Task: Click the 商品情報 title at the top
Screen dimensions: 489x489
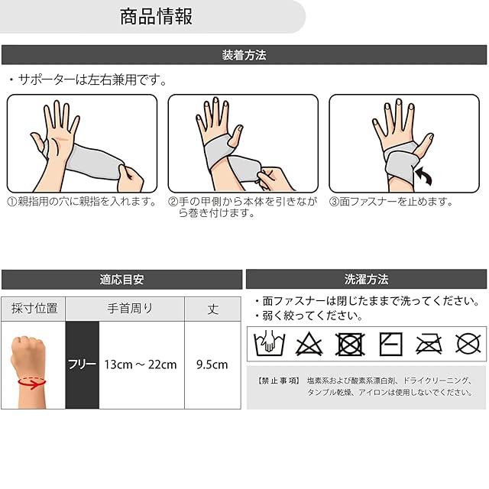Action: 156,17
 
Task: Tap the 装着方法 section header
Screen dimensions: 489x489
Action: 244,55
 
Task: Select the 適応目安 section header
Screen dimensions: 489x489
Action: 121,280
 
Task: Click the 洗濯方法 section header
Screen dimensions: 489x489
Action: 367,280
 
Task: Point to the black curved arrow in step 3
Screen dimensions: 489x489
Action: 425,175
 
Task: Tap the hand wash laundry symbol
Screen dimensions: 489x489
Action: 270,343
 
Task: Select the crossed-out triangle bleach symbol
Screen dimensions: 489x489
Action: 309,344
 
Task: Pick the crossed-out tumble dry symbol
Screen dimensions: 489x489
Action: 350,344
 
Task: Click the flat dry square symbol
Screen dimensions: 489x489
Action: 390,344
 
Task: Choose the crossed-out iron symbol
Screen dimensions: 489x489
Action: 429,345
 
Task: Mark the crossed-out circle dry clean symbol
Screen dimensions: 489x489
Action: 468,344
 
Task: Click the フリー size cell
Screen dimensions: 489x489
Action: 83,364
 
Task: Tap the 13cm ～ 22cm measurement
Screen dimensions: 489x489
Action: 141,364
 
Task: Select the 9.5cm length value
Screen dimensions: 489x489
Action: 212,364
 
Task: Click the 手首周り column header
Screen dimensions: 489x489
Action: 130,309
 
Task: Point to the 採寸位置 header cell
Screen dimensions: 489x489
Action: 34,309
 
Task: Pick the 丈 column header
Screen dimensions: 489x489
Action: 213,309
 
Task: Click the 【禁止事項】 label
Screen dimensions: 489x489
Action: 279,381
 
